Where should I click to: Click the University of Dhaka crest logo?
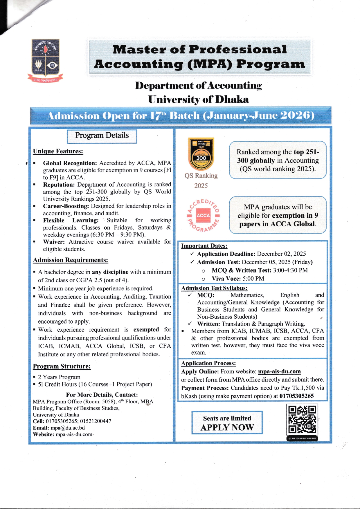coord(46,60)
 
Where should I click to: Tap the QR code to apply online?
coord(302,419)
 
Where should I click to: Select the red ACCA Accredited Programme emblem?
coord(203,215)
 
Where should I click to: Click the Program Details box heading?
coord(102,136)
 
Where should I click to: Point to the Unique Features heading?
coord(58,151)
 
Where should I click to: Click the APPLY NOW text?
coord(227,427)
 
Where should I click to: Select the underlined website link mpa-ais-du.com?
coord(279,371)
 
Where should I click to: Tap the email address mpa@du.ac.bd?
coord(68,428)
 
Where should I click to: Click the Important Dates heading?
coord(204,246)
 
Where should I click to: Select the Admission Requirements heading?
coord(71,260)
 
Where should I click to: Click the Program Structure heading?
coord(62,366)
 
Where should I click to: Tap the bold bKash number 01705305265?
coord(296,396)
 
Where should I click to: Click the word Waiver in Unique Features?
coord(53,242)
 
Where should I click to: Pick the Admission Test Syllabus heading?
coord(214,288)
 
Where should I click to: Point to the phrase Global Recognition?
coord(70,163)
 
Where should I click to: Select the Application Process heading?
coord(208,363)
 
